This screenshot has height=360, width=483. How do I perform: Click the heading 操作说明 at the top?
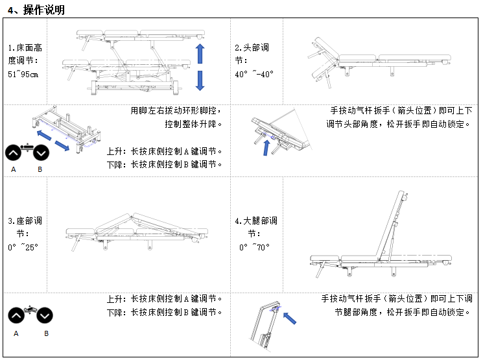point(43,10)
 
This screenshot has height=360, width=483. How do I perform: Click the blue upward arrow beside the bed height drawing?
point(200,54)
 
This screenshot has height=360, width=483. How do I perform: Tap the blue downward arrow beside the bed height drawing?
point(200,80)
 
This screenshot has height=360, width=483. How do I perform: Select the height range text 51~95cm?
point(23,74)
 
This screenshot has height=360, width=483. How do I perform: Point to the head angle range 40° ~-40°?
point(254,74)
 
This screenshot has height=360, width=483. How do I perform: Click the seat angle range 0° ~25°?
point(23,247)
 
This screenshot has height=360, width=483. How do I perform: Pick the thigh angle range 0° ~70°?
point(255,247)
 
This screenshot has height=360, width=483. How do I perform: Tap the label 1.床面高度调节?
point(25,54)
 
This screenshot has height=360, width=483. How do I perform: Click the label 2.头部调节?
point(252,54)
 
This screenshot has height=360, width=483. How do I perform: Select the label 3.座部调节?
point(25,227)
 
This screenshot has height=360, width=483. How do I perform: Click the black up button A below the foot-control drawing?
point(14,153)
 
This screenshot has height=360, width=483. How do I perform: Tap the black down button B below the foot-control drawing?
point(40,153)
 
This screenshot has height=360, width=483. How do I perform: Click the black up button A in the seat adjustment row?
point(17,317)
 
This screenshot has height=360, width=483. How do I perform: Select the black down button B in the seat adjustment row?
point(44,317)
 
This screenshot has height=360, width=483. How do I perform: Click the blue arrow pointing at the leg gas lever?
point(292,317)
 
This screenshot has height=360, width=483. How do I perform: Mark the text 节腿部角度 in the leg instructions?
point(358,312)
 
